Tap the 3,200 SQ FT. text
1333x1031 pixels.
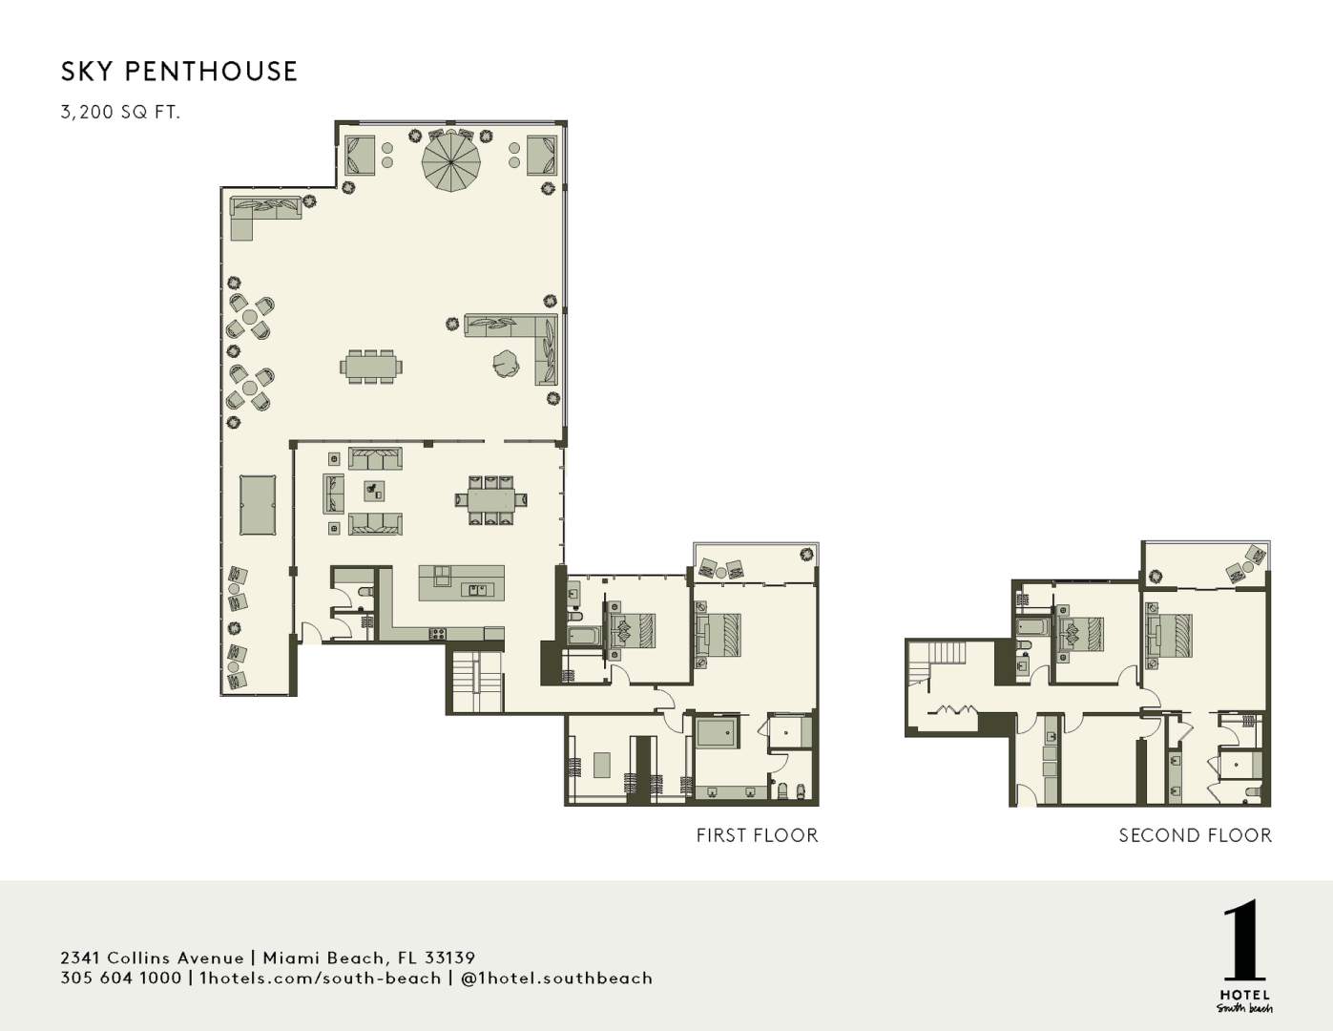point(120,113)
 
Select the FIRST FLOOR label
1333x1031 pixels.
point(757,836)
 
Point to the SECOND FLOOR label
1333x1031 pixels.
point(1195,836)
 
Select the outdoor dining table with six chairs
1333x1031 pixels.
point(371,367)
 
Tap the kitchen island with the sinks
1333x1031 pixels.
point(462,582)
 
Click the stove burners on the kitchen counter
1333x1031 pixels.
point(439,632)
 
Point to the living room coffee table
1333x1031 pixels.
point(374,491)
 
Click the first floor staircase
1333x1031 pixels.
point(474,682)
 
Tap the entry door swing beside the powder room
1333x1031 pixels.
point(310,632)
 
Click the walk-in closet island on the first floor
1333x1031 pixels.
point(602,766)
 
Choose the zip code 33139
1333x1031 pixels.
point(449,957)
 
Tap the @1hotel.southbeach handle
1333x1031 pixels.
point(556,978)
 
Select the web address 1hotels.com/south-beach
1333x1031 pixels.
point(320,978)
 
